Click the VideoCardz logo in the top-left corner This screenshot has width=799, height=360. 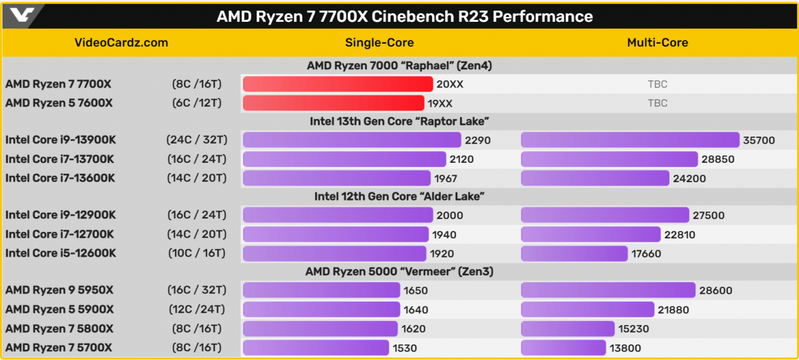22,16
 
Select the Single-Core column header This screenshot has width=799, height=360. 379,43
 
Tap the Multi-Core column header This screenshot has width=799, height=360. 657,43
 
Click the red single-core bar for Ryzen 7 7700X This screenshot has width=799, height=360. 337,84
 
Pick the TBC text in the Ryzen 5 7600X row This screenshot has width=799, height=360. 657,103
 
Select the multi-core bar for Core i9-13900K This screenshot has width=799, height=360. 630,140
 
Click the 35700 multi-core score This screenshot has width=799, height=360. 759,140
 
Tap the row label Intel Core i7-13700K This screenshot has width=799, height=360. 60,159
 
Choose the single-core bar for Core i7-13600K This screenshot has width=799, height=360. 336,178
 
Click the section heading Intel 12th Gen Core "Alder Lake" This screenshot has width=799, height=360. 399,197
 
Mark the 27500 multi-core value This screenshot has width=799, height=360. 708,215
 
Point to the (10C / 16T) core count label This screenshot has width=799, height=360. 197,253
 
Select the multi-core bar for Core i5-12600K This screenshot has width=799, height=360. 574,253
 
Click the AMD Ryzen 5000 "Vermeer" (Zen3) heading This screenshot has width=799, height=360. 399,271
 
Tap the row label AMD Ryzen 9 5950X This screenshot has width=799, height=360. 60,290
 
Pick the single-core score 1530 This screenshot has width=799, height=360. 404,348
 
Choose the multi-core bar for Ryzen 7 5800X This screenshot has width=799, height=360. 567,328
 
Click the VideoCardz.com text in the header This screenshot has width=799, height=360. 121,43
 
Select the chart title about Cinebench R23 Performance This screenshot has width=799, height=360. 404,16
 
